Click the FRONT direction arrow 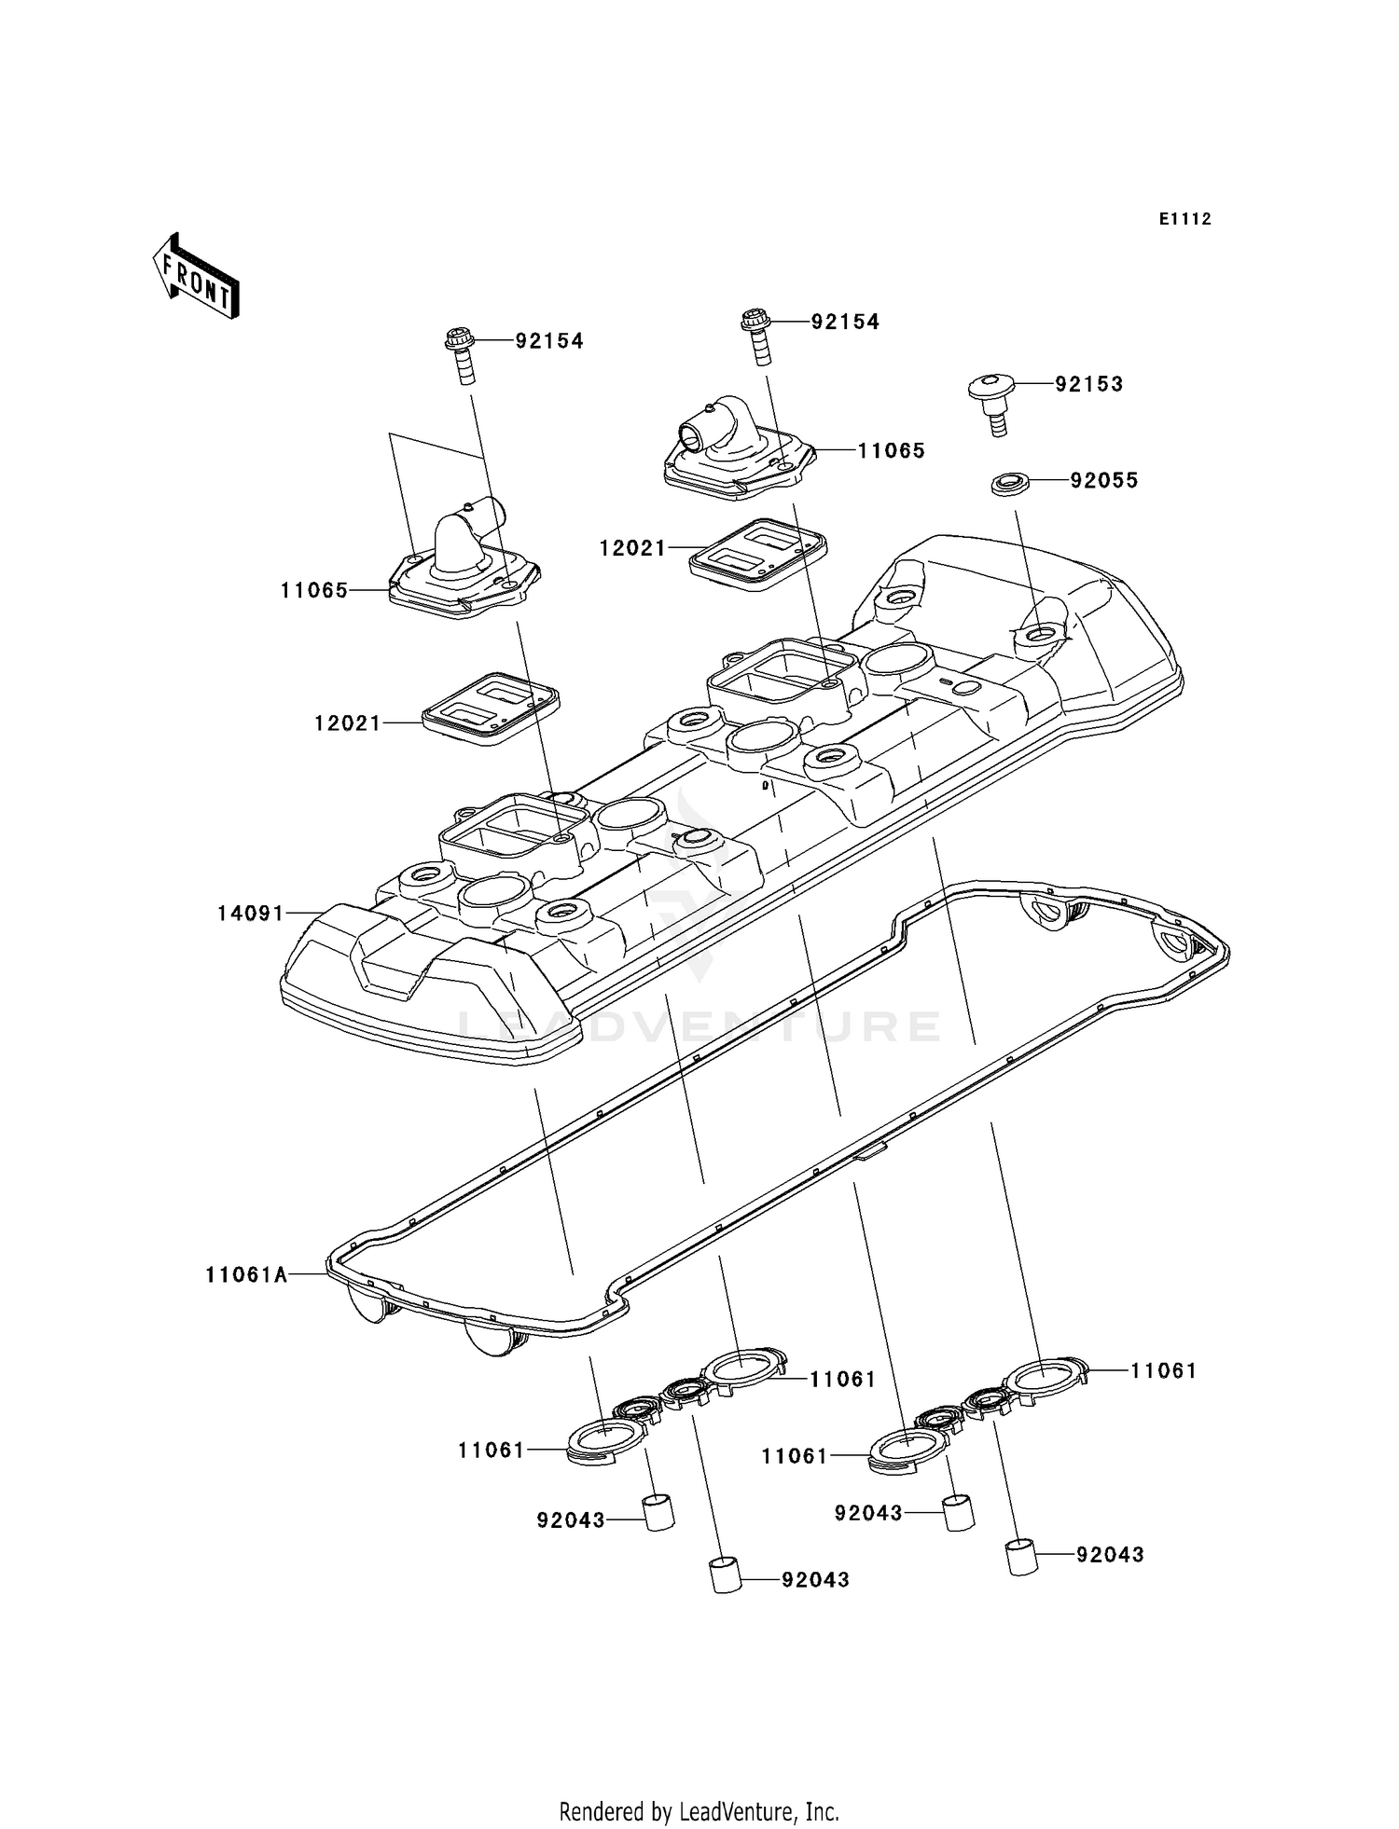[196, 277]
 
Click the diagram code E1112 [1184, 219]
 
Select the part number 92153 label [1088, 384]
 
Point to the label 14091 [250, 914]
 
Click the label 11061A [246, 1274]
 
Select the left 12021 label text [347, 722]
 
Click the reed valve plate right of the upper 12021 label [757, 553]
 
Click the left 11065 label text [313, 590]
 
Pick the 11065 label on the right [891, 450]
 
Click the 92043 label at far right [1109, 1554]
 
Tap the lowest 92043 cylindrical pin [725, 1575]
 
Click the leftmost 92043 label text [570, 1520]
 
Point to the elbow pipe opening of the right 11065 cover [691, 434]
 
